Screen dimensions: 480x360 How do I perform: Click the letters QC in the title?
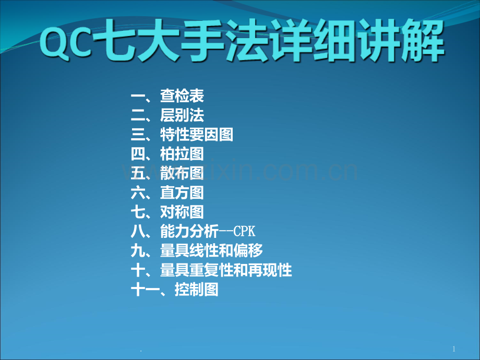click(x=66, y=42)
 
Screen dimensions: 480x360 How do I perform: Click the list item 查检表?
click(x=182, y=96)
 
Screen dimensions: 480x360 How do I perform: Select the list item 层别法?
click(x=182, y=115)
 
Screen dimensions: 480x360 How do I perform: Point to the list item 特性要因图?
click(x=197, y=135)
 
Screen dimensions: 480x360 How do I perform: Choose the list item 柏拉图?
click(x=182, y=154)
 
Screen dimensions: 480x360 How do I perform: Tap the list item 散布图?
click(x=182, y=173)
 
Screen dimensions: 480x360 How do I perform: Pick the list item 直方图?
click(x=182, y=193)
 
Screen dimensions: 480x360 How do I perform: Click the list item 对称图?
click(x=182, y=212)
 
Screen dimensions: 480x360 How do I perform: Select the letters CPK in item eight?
click(x=244, y=231)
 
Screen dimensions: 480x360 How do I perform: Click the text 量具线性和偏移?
click(x=211, y=250)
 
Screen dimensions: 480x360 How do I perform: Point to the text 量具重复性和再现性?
click(x=226, y=270)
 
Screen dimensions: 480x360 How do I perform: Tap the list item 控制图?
click(x=197, y=289)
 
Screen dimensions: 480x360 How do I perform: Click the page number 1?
click(x=454, y=349)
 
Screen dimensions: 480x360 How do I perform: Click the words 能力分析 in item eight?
click(x=189, y=231)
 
